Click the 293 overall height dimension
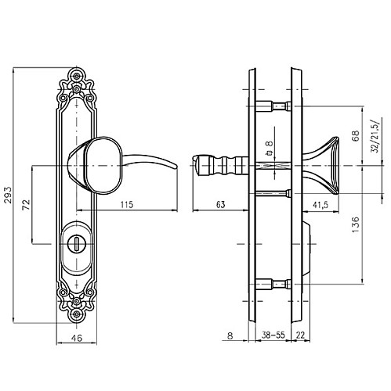(8, 195)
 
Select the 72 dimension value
(26, 205)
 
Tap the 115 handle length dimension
(127, 205)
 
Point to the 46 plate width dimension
(77, 338)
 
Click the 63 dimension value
(220, 205)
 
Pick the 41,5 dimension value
(320, 205)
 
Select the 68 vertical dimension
(356, 135)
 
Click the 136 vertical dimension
(356, 224)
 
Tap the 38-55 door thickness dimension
(273, 335)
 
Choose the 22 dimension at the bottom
(300, 335)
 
